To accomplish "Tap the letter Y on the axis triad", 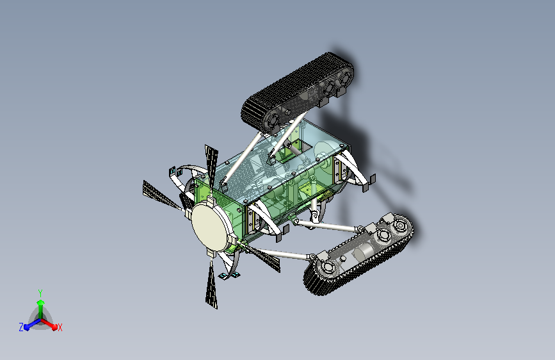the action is pyautogui.click(x=40, y=293).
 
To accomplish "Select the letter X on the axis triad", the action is pyautogui.click(x=60, y=327).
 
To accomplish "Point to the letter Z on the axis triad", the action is pyautogui.click(x=21, y=327).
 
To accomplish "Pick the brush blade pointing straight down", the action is pyautogui.click(x=212, y=284).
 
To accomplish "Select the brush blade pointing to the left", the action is pyautogui.click(x=162, y=195).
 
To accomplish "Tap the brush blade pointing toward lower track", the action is pyautogui.click(x=261, y=256).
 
